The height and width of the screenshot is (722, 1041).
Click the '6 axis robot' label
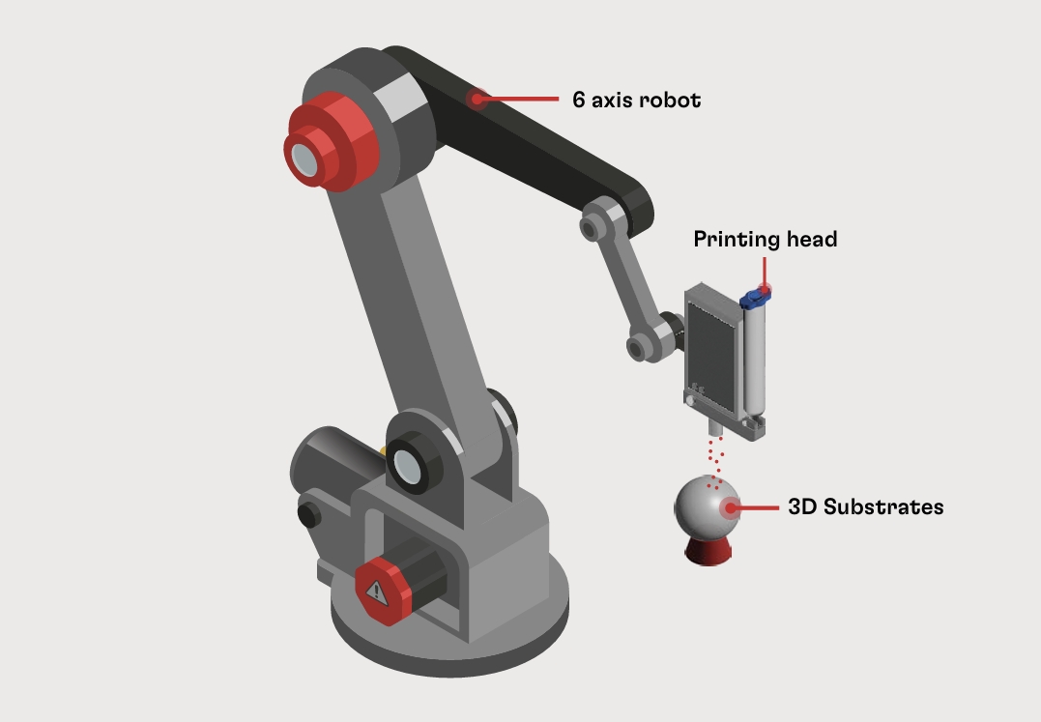[637, 100]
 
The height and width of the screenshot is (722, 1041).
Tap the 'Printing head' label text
[766, 239]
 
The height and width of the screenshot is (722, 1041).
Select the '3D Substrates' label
[866, 507]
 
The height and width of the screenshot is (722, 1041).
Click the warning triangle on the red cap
[376, 592]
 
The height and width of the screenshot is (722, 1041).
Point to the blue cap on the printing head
[756, 298]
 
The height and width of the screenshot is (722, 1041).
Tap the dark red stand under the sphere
[708, 552]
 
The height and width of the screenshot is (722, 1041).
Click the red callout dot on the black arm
[476, 100]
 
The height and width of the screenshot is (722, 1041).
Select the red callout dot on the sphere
[731, 508]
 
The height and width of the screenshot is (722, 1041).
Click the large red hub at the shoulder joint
[330, 142]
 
